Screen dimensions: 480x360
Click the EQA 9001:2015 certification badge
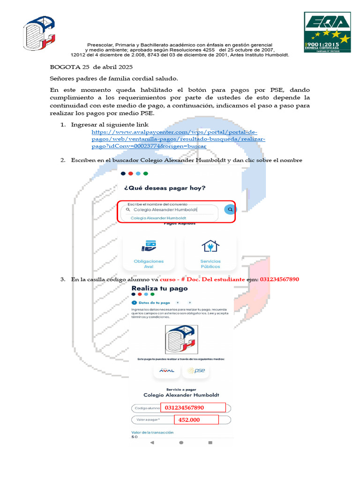[327, 32]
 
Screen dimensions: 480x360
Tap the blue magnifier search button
[230, 210]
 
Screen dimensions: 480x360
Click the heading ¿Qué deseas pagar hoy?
[165, 188]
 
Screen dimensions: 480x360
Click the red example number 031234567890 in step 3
[279, 279]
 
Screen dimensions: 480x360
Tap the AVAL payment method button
[166, 370]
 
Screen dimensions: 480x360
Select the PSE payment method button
[196, 370]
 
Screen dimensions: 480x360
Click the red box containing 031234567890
[193, 407]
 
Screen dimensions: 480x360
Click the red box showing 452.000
[196, 420]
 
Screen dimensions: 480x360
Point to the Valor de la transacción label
[152, 432]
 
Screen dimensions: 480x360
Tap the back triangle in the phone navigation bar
[152, 442]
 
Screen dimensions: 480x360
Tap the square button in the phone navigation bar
[210, 442]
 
